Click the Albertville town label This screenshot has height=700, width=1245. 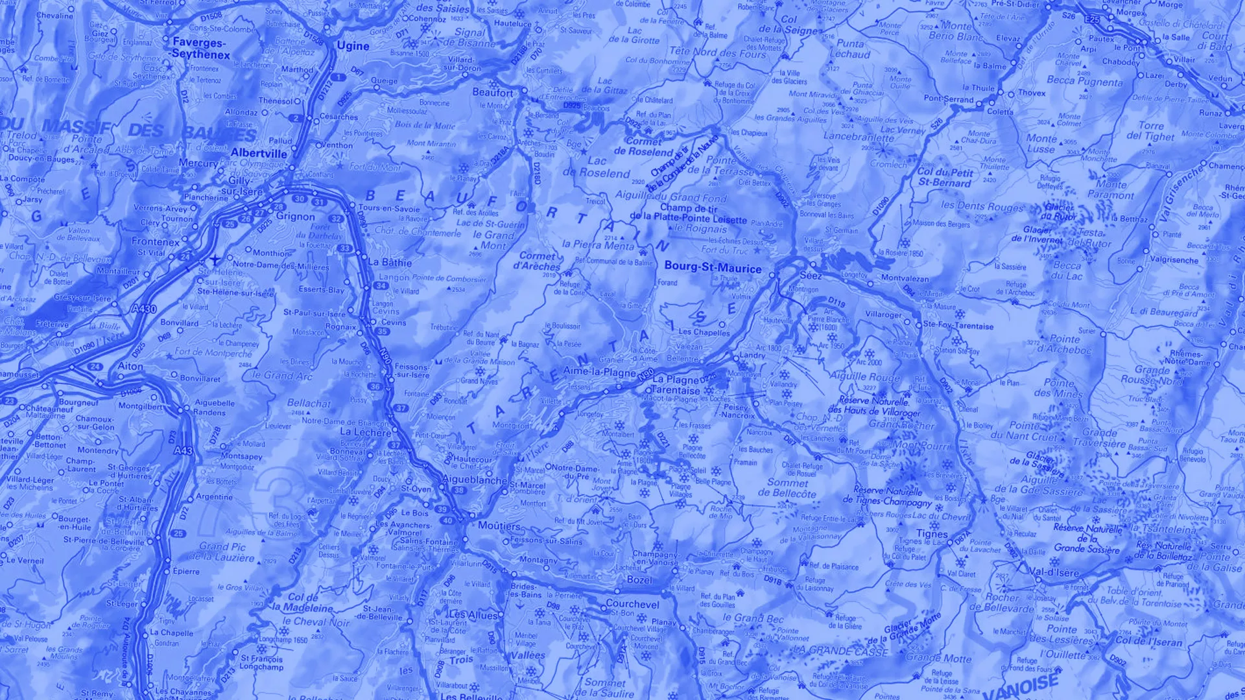click(x=259, y=154)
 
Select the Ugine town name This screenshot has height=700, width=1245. click(x=353, y=46)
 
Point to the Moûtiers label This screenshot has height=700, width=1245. click(x=499, y=526)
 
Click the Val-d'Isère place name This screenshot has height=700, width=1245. click(x=1054, y=572)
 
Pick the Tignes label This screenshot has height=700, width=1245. click(x=932, y=534)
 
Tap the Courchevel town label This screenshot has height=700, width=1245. click(x=632, y=604)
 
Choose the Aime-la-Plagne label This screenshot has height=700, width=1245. click(x=599, y=372)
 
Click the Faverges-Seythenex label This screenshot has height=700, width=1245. click(x=200, y=49)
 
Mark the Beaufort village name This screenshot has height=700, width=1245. click(x=493, y=93)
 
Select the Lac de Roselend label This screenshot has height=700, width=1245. click(x=597, y=167)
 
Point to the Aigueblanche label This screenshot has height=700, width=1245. click(x=474, y=480)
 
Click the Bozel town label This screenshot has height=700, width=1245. click(x=639, y=580)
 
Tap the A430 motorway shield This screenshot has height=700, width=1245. click(x=144, y=309)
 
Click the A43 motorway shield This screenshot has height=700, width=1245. click(x=183, y=450)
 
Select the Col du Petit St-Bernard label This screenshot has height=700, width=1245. click(x=945, y=178)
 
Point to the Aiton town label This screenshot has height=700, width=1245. click(x=130, y=366)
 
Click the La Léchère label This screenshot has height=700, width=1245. click(x=365, y=432)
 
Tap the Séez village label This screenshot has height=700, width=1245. click(x=811, y=276)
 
